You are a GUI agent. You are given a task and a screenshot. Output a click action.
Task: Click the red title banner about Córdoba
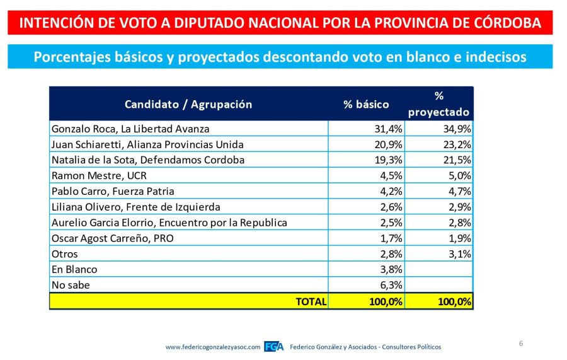click(x=280, y=23)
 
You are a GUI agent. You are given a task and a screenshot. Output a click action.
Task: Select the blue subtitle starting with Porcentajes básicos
click(x=280, y=57)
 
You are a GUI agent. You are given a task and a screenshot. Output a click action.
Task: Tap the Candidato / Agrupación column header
click(x=188, y=105)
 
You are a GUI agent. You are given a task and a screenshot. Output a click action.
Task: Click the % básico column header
click(x=366, y=105)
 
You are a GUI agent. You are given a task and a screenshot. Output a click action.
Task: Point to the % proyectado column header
click(x=438, y=104)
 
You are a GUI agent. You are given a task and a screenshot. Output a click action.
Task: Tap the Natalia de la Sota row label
click(x=147, y=160)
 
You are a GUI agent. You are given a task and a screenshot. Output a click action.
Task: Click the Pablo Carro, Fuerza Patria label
click(x=113, y=192)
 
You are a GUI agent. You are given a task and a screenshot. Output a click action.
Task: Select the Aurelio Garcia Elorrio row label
click(x=169, y=223)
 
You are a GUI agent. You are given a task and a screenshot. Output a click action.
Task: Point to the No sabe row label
click(x=71, y=285)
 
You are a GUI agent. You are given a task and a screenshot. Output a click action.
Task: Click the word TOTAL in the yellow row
click(x=311, y=301)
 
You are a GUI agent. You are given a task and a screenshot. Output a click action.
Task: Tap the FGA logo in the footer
click(x=273, y=347)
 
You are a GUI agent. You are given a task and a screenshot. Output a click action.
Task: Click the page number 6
click(x=521, y=344)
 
